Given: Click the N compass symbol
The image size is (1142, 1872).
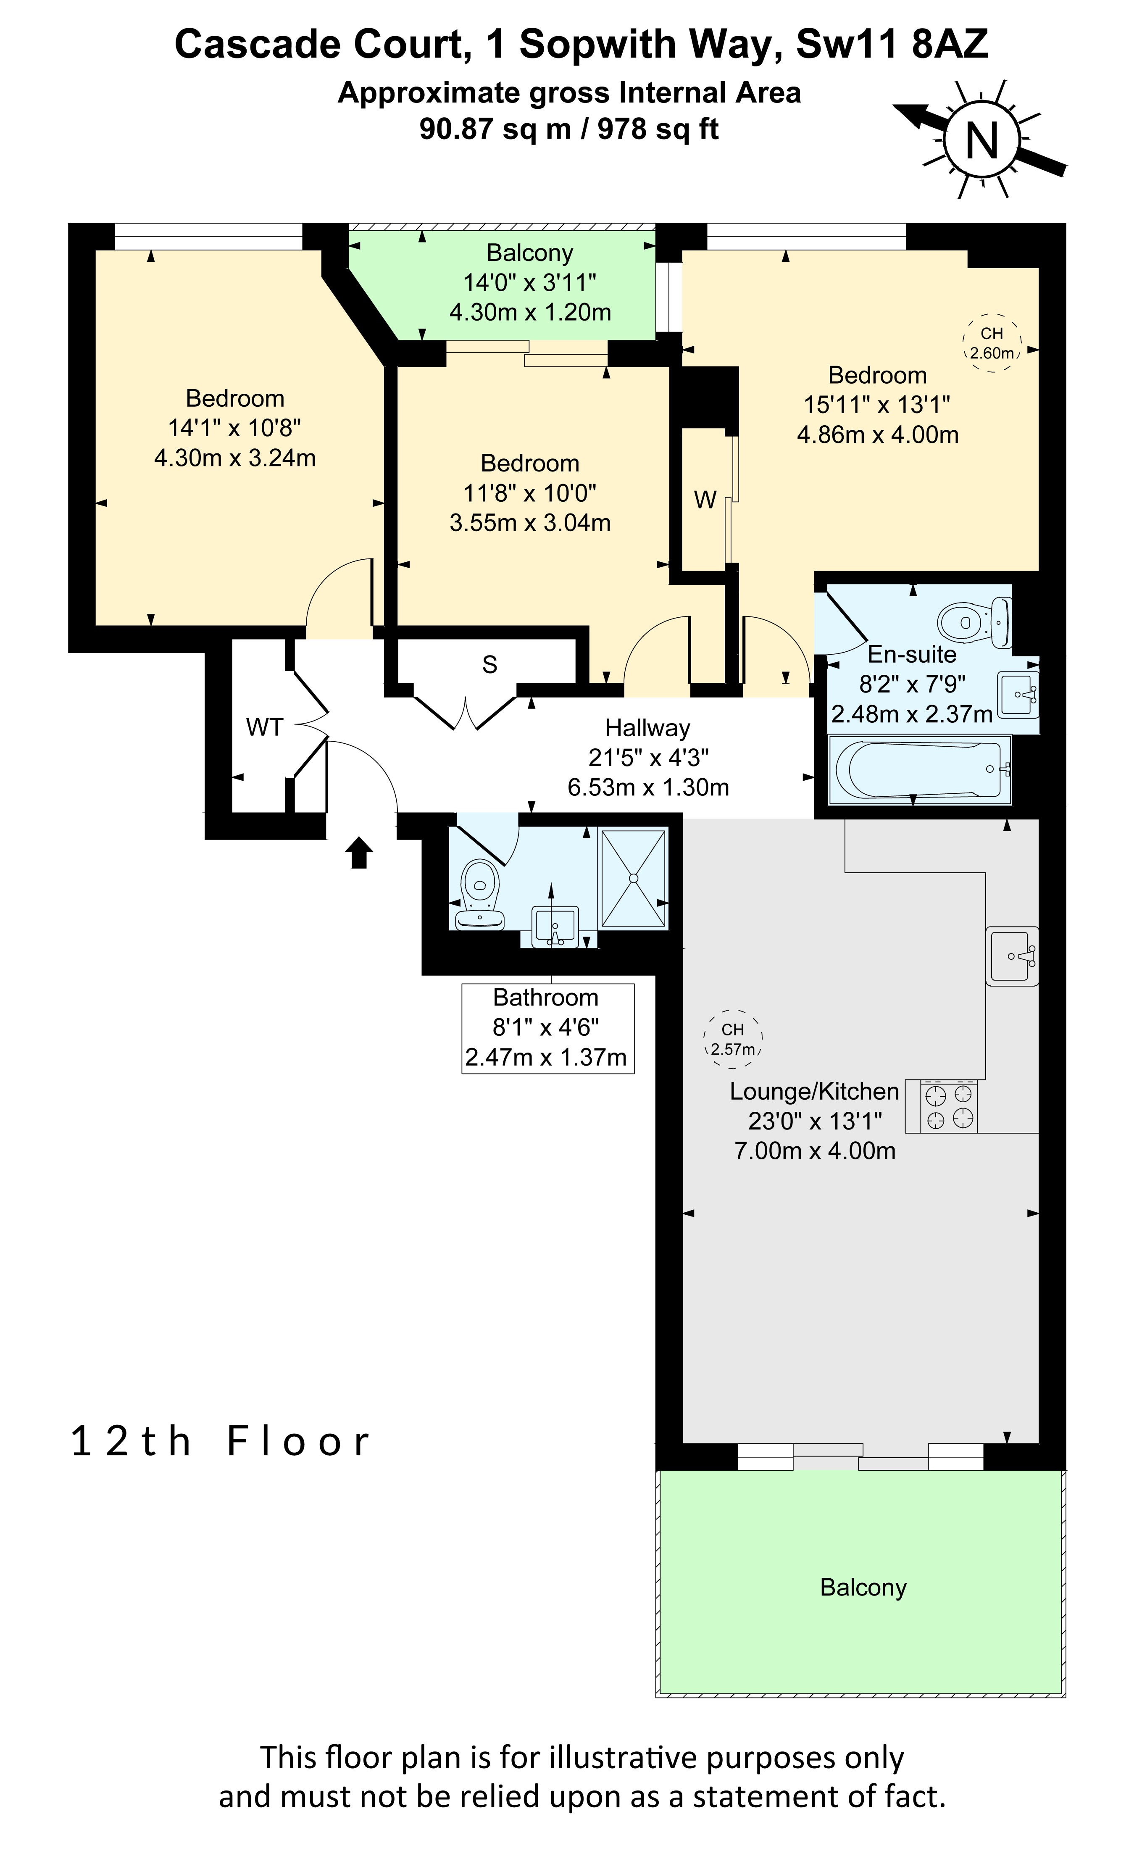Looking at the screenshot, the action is point(981,140).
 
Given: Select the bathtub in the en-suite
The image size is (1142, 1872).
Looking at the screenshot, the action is point(919,769).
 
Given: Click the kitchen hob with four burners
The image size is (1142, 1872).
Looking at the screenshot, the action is point(949,1106).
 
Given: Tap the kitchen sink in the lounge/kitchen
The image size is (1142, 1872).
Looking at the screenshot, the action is point(1012,956).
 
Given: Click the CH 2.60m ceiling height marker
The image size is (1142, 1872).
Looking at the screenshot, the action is point(992,342).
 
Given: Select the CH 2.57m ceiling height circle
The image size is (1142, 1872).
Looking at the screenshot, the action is point(732,1039).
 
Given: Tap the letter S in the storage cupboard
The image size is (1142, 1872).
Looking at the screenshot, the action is point(490,665).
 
